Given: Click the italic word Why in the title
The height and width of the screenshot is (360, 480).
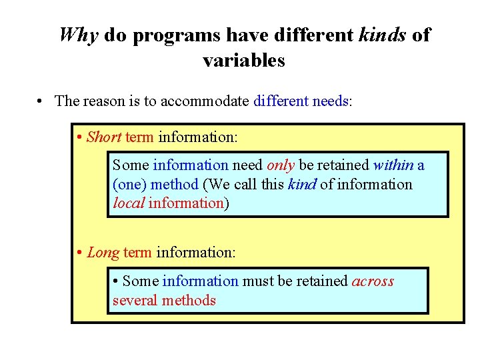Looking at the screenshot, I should click(x=79, y=35).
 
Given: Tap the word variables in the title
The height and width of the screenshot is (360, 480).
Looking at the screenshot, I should click(x=243, y=61).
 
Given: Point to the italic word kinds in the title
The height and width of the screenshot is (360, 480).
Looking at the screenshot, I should click(x=382, y=35).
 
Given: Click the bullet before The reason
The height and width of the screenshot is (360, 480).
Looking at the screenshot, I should click(x=41, y=101).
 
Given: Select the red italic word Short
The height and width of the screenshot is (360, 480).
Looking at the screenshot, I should click(x=104, y=137).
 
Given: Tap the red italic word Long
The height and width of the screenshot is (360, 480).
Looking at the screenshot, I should click(x=103, y=253).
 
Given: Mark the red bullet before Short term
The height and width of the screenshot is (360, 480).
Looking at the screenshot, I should click(x=79, y=137).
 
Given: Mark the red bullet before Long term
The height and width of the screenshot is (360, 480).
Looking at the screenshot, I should click(x=79, y=253).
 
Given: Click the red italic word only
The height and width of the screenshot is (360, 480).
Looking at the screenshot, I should click(x=281, y=165).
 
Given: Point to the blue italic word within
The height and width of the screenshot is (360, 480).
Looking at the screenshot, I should click(x=393, y=165).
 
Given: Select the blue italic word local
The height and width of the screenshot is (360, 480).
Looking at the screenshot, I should click(x=129, y=203).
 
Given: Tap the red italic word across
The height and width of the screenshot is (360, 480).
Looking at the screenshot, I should click(x=373, y=281).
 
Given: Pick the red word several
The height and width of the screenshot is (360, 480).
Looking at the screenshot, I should click(x=135, y=301).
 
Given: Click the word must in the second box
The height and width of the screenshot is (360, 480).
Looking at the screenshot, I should click(x=257, y=281).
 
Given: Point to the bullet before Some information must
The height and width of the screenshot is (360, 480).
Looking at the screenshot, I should click(x=116, y=281).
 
